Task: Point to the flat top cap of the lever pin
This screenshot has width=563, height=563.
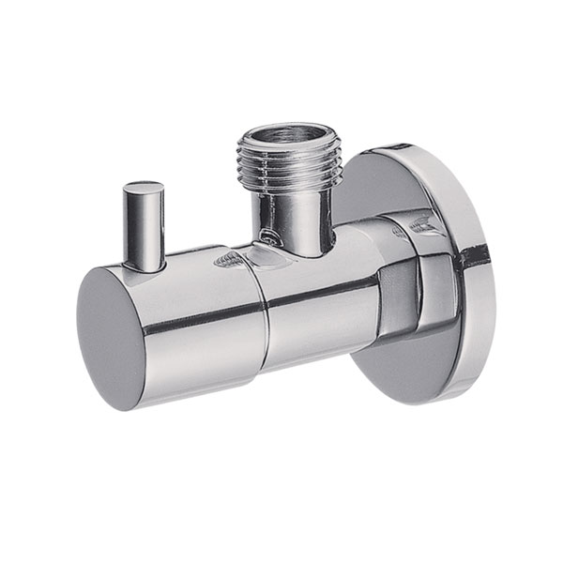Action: (x=142, y=188)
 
